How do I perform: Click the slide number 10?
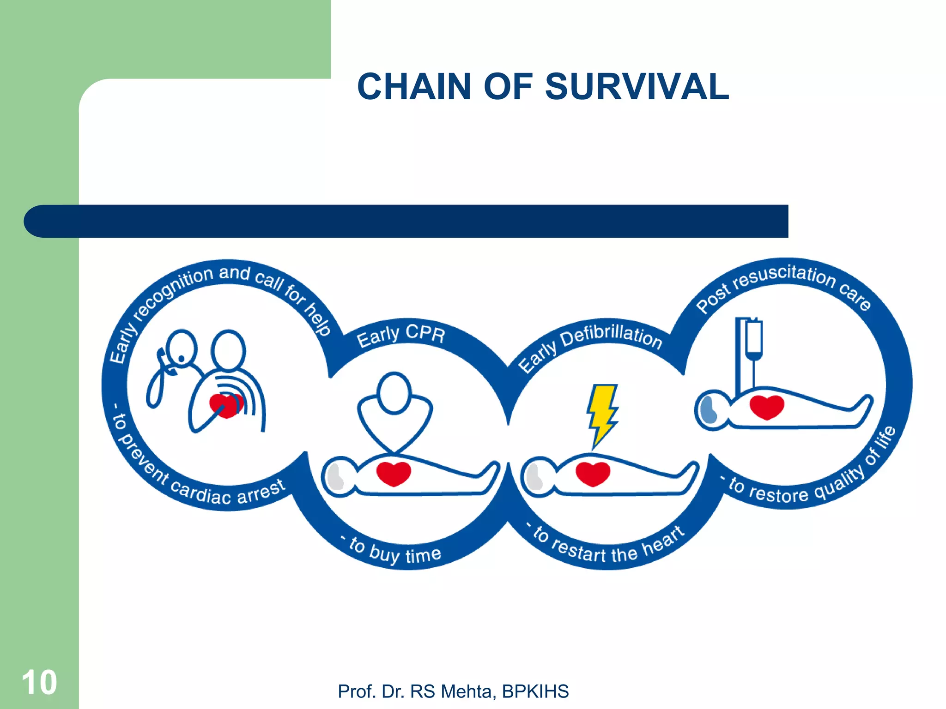[39, 682]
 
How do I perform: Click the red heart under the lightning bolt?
[593, 474]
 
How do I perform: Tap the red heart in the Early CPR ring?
[394, 474]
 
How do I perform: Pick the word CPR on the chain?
[425, 333]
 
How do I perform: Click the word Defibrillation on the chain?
[612, 335]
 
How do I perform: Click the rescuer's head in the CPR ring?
[394, 393]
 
